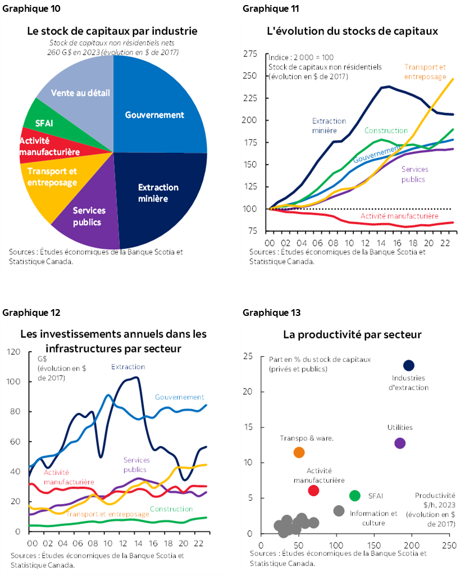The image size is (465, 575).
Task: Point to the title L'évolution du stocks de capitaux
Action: click(352, 31)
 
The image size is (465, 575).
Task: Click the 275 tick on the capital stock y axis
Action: click(249, 54)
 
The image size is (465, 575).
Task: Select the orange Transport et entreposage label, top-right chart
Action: click(426, 72)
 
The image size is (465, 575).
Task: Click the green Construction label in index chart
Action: click(385, 130)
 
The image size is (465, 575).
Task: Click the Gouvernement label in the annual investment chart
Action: click(179, 397)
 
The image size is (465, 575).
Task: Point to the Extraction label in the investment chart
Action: click(127, 366)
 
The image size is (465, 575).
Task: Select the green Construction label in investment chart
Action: click(171, 509)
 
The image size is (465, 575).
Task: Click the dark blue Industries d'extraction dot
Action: click(409, 366)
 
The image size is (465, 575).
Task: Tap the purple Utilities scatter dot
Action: click(400, 443)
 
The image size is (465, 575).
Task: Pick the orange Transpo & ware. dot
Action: click(299, 452)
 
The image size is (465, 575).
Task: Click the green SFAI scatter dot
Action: click(354, 495)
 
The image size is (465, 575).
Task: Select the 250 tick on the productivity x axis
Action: click(449, 545)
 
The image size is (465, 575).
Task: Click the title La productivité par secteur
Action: click(352, 335)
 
